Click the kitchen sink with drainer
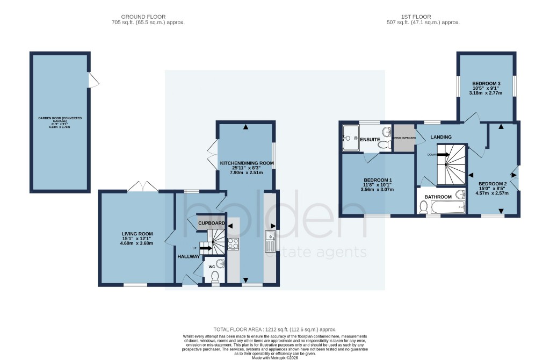[270, 241]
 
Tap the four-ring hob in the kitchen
[233, 243]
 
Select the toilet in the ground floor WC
[215, 276]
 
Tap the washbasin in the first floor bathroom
[460, 194]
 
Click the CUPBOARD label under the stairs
[212, 223]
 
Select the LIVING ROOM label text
[137, 234]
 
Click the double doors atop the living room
[143, 186]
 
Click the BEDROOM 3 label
[486, 83]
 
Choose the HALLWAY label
[189, 256]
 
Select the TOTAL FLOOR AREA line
[274, 329]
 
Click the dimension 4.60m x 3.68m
[137, 243]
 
